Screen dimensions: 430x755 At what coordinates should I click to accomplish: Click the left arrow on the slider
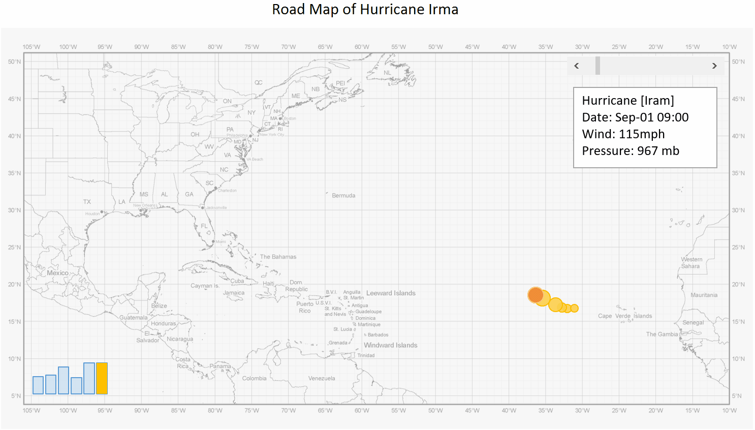576,66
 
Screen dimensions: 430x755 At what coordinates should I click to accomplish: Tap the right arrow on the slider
714,66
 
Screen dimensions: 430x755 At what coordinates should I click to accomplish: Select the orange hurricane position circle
535,295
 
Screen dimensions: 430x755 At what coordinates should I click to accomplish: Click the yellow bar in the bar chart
102,378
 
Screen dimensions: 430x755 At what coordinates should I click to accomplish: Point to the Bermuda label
343,196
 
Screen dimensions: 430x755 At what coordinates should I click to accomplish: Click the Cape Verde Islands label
625,316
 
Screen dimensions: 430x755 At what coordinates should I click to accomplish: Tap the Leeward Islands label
391,293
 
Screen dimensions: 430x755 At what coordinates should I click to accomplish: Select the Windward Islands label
391,345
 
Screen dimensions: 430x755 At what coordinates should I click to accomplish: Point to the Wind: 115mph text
623,134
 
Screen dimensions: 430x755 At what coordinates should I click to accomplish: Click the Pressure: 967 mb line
631,151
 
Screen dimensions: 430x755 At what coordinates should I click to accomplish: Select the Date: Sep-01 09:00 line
635,117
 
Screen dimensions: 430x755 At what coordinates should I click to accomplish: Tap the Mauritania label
704,295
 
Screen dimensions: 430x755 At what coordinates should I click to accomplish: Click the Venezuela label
322,379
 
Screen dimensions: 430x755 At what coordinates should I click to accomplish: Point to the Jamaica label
234,293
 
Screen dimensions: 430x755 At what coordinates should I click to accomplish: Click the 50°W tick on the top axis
435,47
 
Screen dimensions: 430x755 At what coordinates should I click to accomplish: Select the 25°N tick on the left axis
14,248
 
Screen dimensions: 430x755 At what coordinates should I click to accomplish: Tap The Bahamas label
278,257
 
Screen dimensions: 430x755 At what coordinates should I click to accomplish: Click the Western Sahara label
691,263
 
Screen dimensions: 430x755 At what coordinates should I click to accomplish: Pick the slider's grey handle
598,66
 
